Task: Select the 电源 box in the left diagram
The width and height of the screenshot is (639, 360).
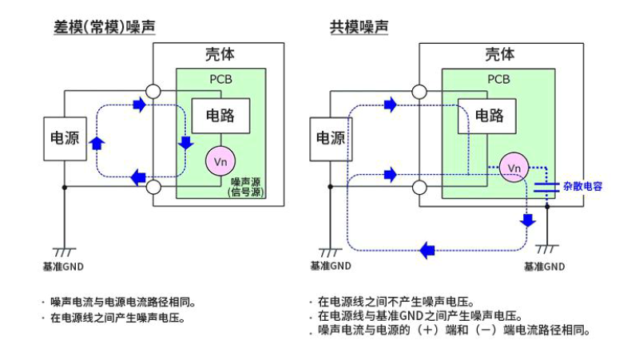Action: pyautogui.click(x=65, y=137)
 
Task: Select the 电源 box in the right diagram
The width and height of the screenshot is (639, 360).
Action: pyautogui.click(x=330, y=137)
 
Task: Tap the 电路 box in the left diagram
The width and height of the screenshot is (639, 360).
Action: pyautogui.click(x=220, y=115)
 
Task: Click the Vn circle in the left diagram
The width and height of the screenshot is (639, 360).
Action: pyautogui.click(x=220, y=162)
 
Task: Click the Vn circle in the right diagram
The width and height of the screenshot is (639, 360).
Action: pyautogui.click(x=514, y=168)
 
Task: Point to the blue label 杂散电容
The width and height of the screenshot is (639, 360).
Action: pyautogui.click(x=582, y=186)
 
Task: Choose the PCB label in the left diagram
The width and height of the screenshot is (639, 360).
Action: pyautogui.click(x=220, y=79)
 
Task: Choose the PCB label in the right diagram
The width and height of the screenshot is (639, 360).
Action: pyautogui.click(x=498, y=79)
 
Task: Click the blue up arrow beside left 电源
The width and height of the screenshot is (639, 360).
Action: pyautogui.click(x=97, y=142)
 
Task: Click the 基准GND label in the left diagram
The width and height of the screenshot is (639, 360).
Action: pyautogui.click(x=62, y=266)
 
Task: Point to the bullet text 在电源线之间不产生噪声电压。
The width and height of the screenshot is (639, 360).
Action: pyautogui.click(x=396, y=303)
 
